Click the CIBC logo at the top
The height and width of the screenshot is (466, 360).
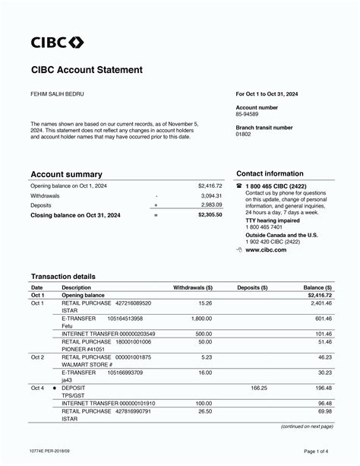click(57, 42)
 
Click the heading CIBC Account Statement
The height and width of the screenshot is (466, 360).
click(87, 70)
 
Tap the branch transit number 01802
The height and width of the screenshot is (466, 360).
click(244, 134)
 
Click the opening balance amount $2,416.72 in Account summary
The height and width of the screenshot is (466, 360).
click(210, 185)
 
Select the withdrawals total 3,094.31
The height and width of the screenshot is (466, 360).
click(212, 195)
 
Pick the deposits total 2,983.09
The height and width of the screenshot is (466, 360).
click(212, 205)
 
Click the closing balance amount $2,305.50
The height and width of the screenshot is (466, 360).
click(210, 215)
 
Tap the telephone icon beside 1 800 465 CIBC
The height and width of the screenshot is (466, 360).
click(239, 185)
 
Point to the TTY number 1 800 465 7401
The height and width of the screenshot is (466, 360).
click(264, 227)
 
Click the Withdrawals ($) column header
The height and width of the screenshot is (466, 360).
click(193, 288)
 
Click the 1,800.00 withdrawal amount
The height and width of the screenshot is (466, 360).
click(201, 319)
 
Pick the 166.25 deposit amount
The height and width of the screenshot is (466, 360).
click(259, 388)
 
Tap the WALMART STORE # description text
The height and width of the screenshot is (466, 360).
click(87, 364)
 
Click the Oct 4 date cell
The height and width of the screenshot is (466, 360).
click(37, 388)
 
